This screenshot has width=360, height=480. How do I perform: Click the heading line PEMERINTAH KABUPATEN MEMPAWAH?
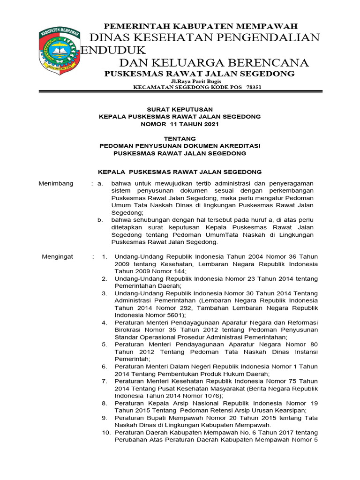[x=200, y=26]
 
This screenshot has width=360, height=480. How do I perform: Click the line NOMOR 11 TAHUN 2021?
[x=180, y=124]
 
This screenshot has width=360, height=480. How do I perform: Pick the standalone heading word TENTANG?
[x=180, y=138]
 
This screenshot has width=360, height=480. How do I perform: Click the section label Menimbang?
[x=56, y=183]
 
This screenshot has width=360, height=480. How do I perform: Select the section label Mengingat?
[x=57, y=256]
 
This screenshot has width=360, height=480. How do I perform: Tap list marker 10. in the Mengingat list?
[x=106, y=432]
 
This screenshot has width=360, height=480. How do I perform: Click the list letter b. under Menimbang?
[x=99, y=220]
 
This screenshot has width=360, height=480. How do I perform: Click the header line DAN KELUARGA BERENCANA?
[x=214, y=63]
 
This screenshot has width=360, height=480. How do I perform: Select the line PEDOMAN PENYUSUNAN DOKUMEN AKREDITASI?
[x=180, y=146]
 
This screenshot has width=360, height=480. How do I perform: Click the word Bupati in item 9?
[x=157, y=418]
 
